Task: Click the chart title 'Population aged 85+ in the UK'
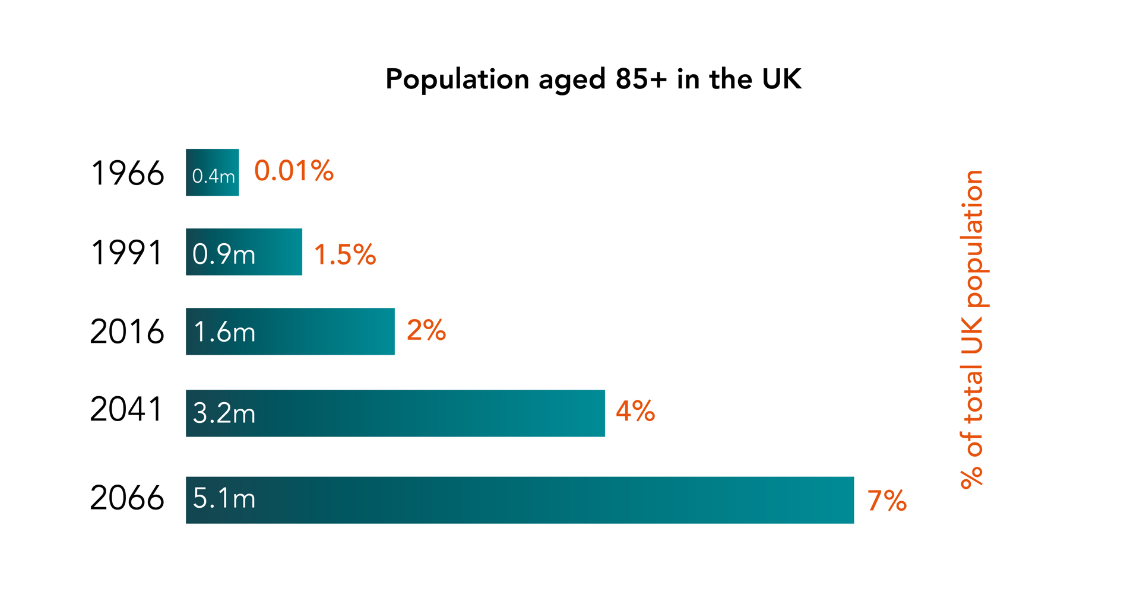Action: [x=593, y=79]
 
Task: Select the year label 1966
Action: [x=128, y=174]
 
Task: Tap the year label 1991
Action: [x=126, y=253]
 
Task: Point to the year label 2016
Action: [x=127, y=332]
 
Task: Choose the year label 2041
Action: [x=126, y=409]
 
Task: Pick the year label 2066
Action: [x=127, y=498]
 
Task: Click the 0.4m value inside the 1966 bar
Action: [x=213, y=176]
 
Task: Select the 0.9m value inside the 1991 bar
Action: [x=224, y=254]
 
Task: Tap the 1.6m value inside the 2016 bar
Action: [x=224, y=333]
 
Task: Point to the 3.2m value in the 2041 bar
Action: [x=224, y=413]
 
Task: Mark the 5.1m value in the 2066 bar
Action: [x=224, y=499]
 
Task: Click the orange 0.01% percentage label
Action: [x=294, y=171]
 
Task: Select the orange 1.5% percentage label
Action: [x=345, y=255]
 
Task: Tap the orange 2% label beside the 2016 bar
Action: [x=426, y=330]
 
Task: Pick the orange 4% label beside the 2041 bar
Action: [x=635, y=411]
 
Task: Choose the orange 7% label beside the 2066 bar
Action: [x=887, y=501]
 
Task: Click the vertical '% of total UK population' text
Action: [x=972, y=329]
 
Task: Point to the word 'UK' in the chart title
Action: [x=782, y=79]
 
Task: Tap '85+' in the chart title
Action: [x=641, y=79]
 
